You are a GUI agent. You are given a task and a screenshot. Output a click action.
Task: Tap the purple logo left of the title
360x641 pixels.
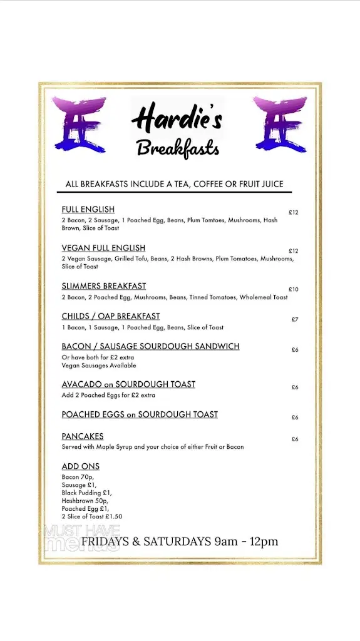tap(79, 125)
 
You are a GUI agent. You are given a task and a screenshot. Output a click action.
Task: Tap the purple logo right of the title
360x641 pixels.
tap(280, 125)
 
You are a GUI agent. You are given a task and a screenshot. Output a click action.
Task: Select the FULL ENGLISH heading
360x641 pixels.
tap(88, 210)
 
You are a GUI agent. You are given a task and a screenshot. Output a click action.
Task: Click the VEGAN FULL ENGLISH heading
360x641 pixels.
tap(103, 248)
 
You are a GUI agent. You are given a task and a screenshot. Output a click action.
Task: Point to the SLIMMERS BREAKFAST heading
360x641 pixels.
tap(104, 286)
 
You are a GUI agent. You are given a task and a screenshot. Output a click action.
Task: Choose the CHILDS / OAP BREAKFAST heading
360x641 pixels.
tap(111, 316)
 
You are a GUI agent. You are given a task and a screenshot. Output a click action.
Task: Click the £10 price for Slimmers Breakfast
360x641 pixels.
tap(294, 289)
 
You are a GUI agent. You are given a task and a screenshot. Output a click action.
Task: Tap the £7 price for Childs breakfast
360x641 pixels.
tap(295, 319)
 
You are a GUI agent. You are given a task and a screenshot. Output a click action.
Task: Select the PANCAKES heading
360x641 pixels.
tap(83, 436)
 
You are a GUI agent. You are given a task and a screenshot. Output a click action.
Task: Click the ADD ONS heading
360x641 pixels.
tap(81, 466)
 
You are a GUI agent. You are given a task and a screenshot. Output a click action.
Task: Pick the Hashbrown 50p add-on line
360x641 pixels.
tap(85, 501)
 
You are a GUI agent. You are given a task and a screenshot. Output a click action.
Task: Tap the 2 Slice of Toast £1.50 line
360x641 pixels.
tap(92, 516)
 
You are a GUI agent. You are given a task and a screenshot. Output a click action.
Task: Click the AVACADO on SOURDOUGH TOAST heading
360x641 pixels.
tap(128, 384)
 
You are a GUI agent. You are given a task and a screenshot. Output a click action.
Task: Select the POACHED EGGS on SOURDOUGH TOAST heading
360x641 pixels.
tap(140, 414)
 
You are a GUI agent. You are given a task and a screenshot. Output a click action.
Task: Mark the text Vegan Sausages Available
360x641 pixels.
tap(99, 366)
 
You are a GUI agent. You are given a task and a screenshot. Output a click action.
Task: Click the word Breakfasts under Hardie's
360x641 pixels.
tap(178, 148)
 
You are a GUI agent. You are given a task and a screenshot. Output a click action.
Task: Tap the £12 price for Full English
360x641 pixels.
tap(294, 212)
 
